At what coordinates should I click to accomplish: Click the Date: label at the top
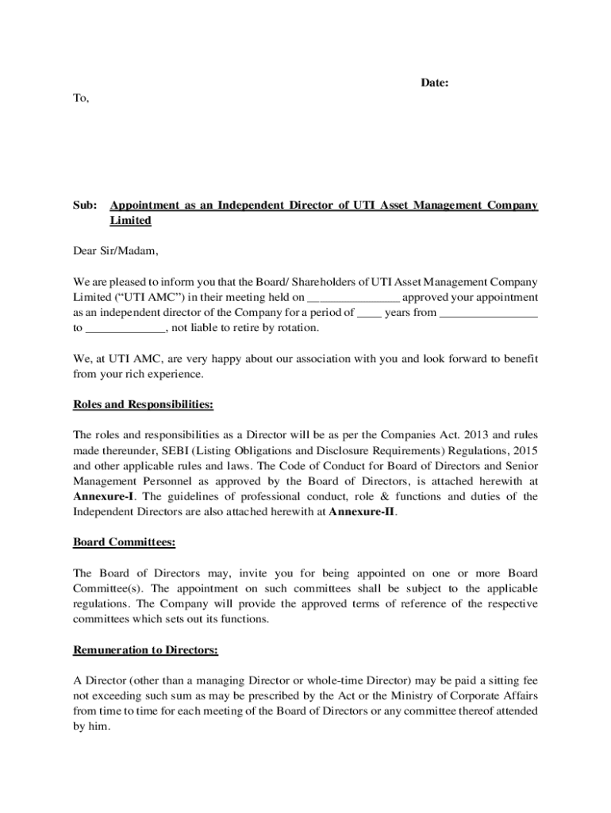435,83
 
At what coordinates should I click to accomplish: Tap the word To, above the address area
81,98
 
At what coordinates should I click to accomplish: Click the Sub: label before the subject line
85,206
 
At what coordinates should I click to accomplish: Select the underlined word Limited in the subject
130,221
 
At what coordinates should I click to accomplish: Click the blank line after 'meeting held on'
353,299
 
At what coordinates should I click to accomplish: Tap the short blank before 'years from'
369,314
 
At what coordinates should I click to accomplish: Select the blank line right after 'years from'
488,314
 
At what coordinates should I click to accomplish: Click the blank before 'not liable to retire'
125,329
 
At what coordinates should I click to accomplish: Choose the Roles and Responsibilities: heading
143,405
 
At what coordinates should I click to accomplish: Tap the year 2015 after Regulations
525,451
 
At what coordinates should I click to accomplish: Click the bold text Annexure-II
361,511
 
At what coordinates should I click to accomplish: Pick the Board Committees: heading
125,542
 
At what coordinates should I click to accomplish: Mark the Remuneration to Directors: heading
145,650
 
